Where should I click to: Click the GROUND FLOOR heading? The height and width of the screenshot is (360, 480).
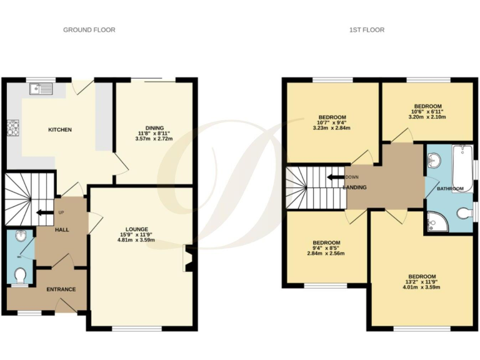tap(89, 29)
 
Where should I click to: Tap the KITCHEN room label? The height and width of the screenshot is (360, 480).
tap(60, 130)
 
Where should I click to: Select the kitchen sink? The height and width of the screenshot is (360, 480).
tap(41, 89)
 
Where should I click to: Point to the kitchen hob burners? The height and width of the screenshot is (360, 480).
tap(12, 128)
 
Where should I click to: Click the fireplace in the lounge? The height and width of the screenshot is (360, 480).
tap(187, 259)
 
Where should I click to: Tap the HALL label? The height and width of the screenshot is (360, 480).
tap(61, 230)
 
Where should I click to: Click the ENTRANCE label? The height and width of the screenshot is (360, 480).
tap(61, 289)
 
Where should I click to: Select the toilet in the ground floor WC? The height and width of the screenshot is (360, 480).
tap(20, 276)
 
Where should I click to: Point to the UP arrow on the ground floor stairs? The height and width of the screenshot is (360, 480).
tap(44, 212)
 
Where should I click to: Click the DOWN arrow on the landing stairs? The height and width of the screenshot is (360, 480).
tap(336, 177)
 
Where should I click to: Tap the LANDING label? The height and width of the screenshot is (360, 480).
tap(354, 187)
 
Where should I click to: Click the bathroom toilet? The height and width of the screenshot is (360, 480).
tap(464, 214)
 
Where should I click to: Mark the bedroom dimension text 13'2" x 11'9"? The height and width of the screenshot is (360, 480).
tap(422, 282)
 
